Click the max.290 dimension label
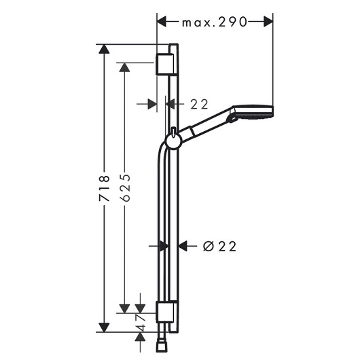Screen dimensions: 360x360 pyautogui.click(x=215, y=22)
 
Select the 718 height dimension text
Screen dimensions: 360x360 pyautogui.click(x=104, y=189)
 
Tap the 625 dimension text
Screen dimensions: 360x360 pyautogui.click(x=125, y=188)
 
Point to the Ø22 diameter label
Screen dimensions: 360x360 pyautogui.click(x=219, y=247)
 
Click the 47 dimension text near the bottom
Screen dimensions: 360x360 pyautogui.click(x=140, y=323)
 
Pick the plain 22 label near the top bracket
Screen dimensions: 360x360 pyautogui.click(x=199, y=104)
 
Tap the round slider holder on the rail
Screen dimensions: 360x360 pyautogui.click(x=174, y=141)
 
